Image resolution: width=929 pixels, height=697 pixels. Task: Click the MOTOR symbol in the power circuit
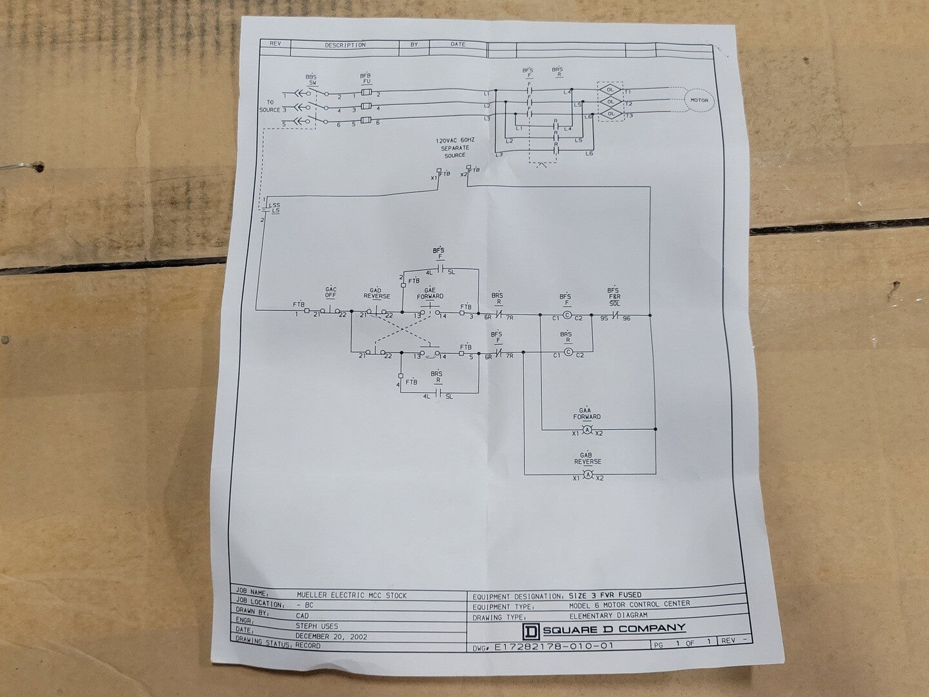(x=699, y=100)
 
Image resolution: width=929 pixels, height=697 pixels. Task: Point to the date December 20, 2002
(x=331, y=636)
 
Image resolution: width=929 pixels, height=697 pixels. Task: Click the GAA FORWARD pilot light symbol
(x=587, y=430)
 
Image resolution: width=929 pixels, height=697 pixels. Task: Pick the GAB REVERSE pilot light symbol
(x=587, y=475)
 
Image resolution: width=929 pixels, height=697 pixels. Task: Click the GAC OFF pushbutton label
(x=331, y=292)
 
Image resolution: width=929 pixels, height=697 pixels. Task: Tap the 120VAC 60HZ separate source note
(x=455, y=148)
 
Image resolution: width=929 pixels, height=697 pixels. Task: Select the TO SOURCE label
(x=270, y=106)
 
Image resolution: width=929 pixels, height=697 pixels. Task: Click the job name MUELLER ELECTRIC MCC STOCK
(x=352, y=596)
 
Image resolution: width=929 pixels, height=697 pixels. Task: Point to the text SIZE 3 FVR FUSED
(x=605, y=594)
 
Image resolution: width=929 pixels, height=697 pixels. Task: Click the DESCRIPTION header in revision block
(x=345, y=45)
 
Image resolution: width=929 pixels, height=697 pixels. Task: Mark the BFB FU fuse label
(x=365, y=79)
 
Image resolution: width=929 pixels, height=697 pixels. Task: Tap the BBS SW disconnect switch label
(x=312, y=79)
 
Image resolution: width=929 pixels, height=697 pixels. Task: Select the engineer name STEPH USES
(x=317, y=626)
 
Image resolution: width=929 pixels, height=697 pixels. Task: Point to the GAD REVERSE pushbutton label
(x=377, y=294)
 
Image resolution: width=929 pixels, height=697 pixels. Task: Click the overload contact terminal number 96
(x=626, y=318)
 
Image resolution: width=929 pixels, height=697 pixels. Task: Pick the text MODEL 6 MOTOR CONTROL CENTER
(x=629, y=604)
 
